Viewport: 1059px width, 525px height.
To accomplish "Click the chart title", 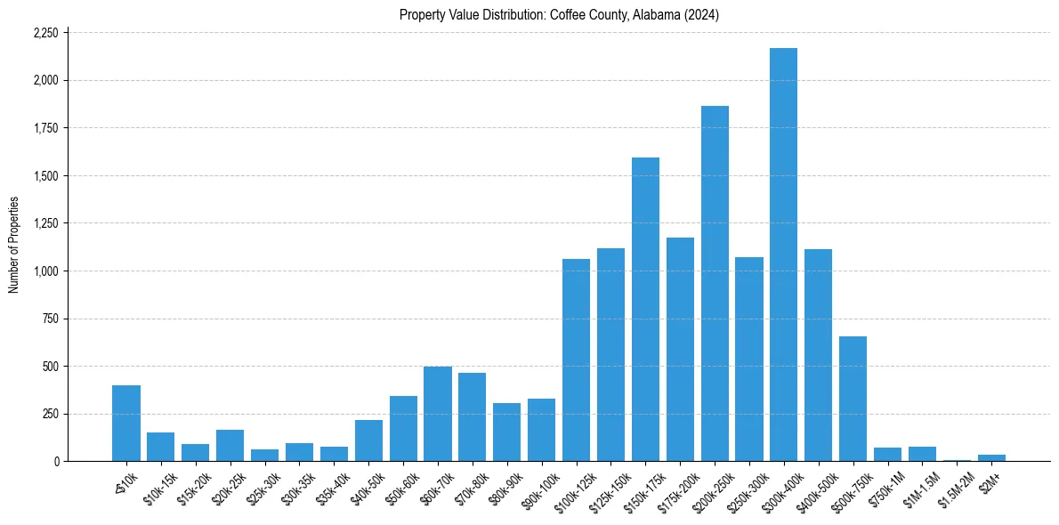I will point(559,14).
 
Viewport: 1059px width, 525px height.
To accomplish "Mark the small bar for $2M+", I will point(991,457).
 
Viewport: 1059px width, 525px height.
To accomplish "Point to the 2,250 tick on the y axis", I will point(45,33).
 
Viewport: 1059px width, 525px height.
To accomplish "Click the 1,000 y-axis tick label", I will point(45,271).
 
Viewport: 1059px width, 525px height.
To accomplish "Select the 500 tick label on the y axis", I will point(50,366).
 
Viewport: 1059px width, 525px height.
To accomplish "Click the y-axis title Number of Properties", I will point(13,245).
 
